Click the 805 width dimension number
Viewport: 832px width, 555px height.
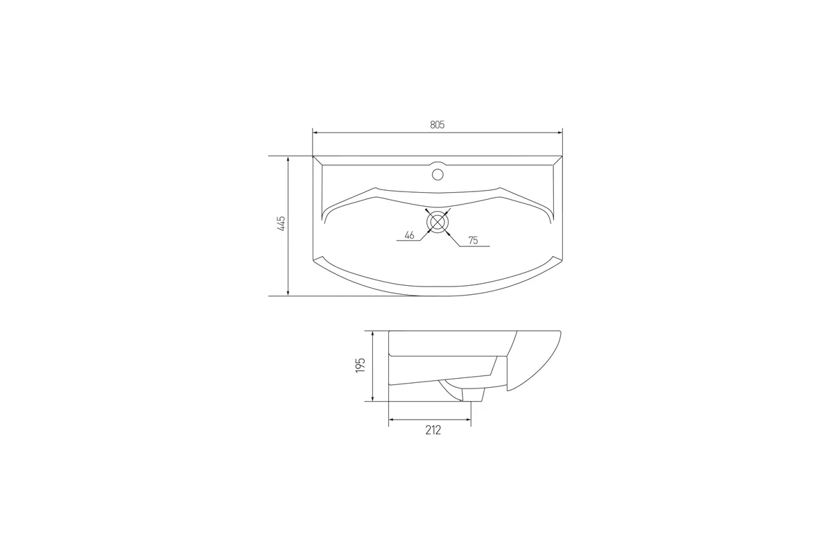(x=437, y=125)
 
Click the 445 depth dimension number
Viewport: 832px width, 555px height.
(x=281, y=224)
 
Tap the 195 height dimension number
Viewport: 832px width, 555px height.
(x=361, y=366)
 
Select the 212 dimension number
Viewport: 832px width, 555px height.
(x=433, y=430)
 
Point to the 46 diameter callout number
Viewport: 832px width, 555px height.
(x=409, y=235)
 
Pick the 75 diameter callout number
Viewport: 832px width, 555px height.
(x=473, y=241)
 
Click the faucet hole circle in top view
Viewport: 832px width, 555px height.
(x=437, y=174)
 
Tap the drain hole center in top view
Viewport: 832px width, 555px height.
(x=437, y=222)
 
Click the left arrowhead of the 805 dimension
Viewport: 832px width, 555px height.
(x=315, y=133)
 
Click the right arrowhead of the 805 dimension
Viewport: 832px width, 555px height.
(x=560, y=133)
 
